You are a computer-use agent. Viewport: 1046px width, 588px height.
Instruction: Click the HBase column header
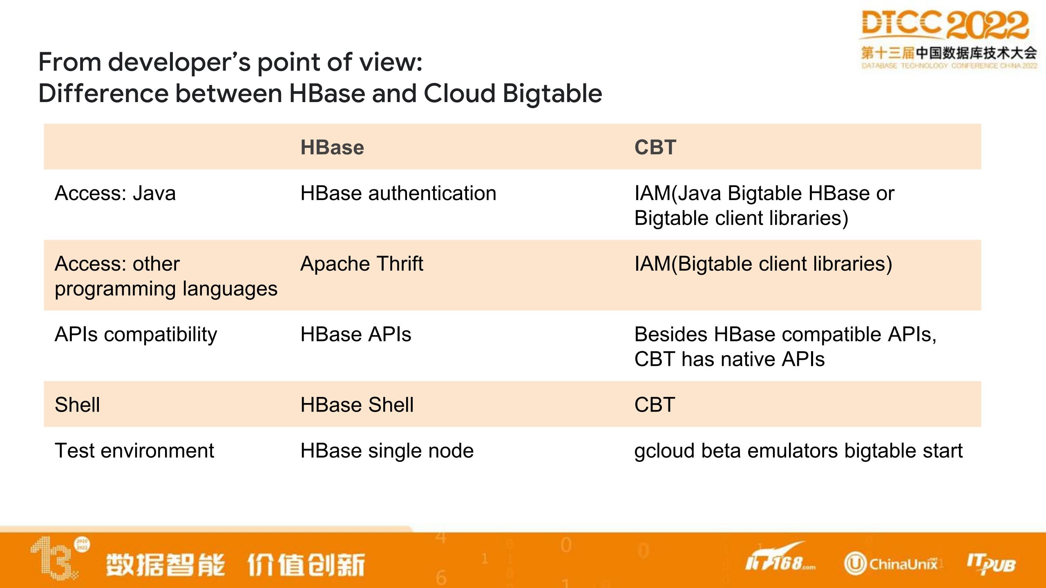click(x=332, y=147)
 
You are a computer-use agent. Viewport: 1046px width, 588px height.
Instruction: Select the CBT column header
click(x=655, y=147)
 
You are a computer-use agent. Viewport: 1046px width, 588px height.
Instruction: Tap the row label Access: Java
click(x=115, y=193)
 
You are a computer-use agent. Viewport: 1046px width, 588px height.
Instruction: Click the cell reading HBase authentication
click(x=398, y=193)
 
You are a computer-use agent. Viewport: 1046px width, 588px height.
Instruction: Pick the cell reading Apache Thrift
click(x=362, y=264)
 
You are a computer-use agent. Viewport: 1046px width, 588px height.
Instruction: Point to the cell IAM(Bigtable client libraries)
click(x=763, y=264)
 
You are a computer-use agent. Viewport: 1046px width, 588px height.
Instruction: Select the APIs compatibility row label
click(x=136, y=335)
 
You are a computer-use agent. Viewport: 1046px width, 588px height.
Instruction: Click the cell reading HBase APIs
click(x=356, y=334)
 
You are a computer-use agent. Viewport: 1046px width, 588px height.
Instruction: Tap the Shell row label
click(x=77, y=405)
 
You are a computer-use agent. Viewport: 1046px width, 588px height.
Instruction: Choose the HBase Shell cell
click(x=357, y=405)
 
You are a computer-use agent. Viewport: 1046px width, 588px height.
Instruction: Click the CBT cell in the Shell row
click(x=655, y=405)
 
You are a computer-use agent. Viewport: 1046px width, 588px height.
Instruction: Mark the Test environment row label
click(x=134, y=451)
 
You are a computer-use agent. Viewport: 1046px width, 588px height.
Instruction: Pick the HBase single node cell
click(x=387, y=451)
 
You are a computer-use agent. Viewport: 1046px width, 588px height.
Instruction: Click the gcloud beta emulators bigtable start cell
click(x=798, y=451)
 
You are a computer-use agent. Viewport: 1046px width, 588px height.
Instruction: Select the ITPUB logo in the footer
click(x=991, y=564)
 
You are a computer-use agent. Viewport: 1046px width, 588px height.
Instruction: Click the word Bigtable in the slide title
click(x=552, y=94)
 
